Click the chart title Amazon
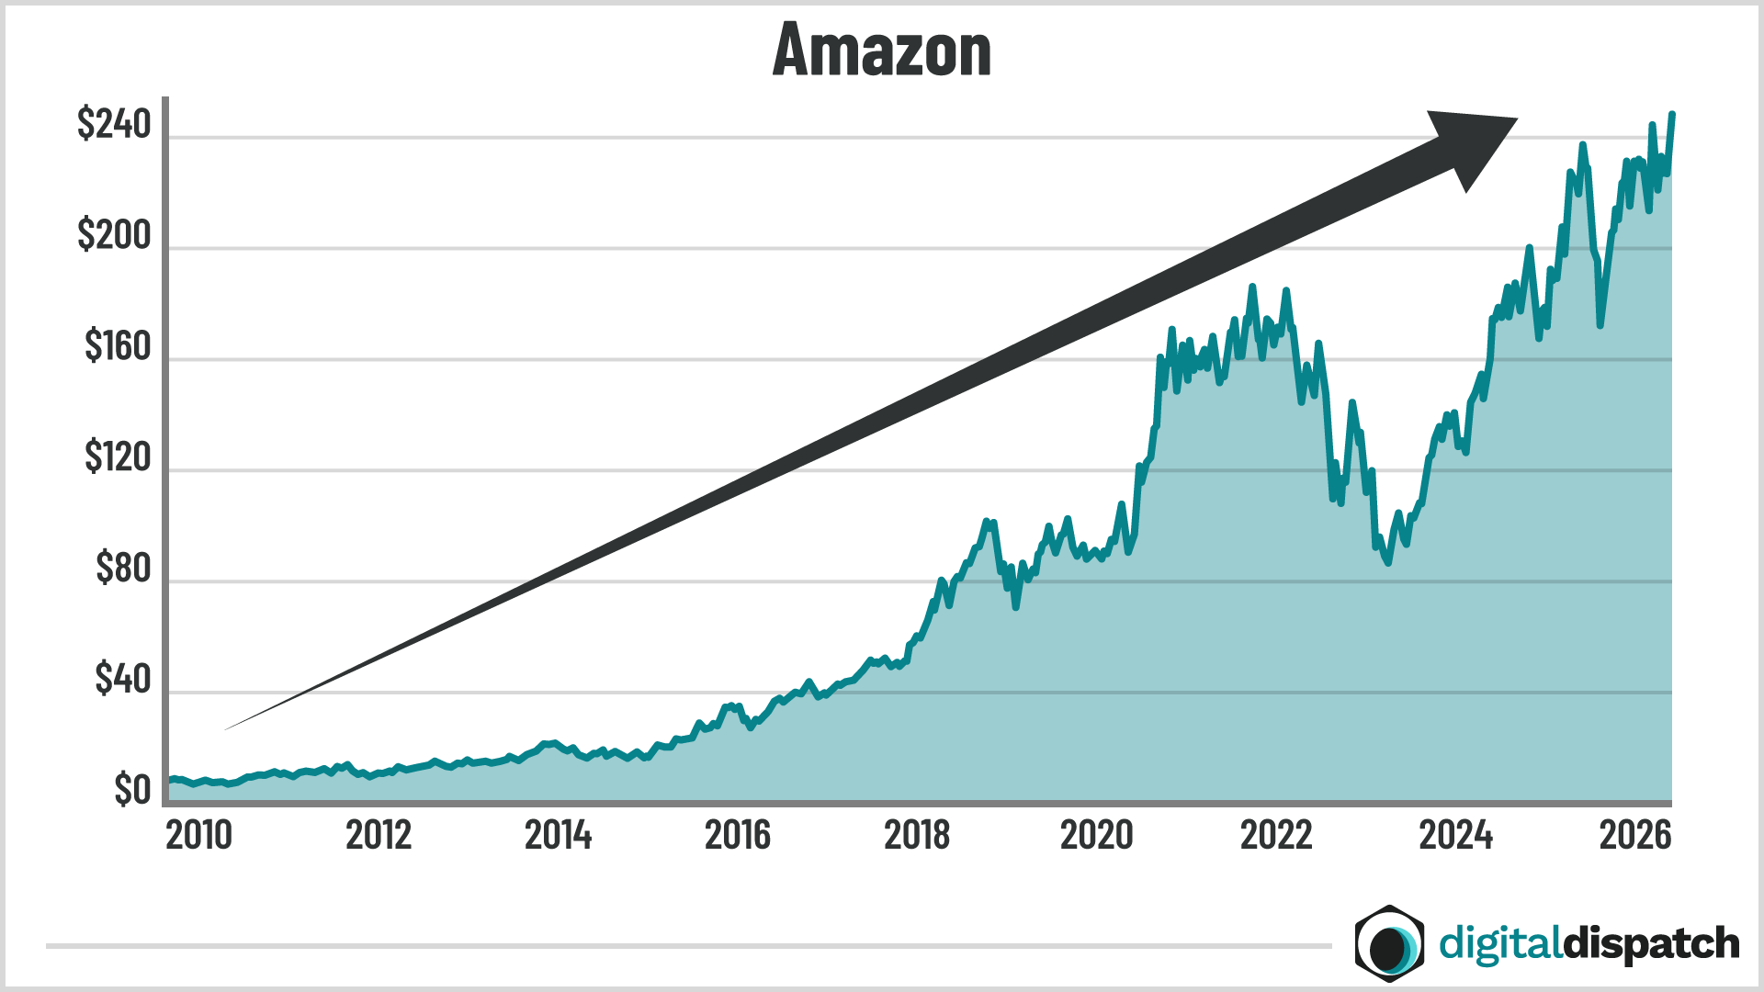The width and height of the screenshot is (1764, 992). (882, 51)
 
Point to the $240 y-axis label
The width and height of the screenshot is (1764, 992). (114, 124)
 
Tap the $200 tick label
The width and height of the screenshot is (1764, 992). (114, 235)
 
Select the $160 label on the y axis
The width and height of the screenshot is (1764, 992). (118, 346)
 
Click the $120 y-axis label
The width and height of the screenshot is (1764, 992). (118, 457)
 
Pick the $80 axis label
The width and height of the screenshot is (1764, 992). (123, 569)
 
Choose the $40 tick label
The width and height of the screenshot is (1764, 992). (122, 679)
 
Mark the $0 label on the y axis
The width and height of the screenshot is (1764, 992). (132, 790)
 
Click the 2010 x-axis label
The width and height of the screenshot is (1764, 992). (198, 835)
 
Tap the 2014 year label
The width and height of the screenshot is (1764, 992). (558, 835)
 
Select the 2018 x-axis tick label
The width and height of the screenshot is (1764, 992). (917, 835)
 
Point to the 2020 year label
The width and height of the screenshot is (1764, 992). (1096, 835)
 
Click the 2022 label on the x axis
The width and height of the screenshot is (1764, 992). (1276, 835)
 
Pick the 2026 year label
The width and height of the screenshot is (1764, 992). (1635, 835)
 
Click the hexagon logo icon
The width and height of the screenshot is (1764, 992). (1389, 943)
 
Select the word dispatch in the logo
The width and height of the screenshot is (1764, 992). (1651, 944)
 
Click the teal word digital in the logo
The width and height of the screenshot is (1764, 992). (1499, 944)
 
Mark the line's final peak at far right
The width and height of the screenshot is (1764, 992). (1671, 115)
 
